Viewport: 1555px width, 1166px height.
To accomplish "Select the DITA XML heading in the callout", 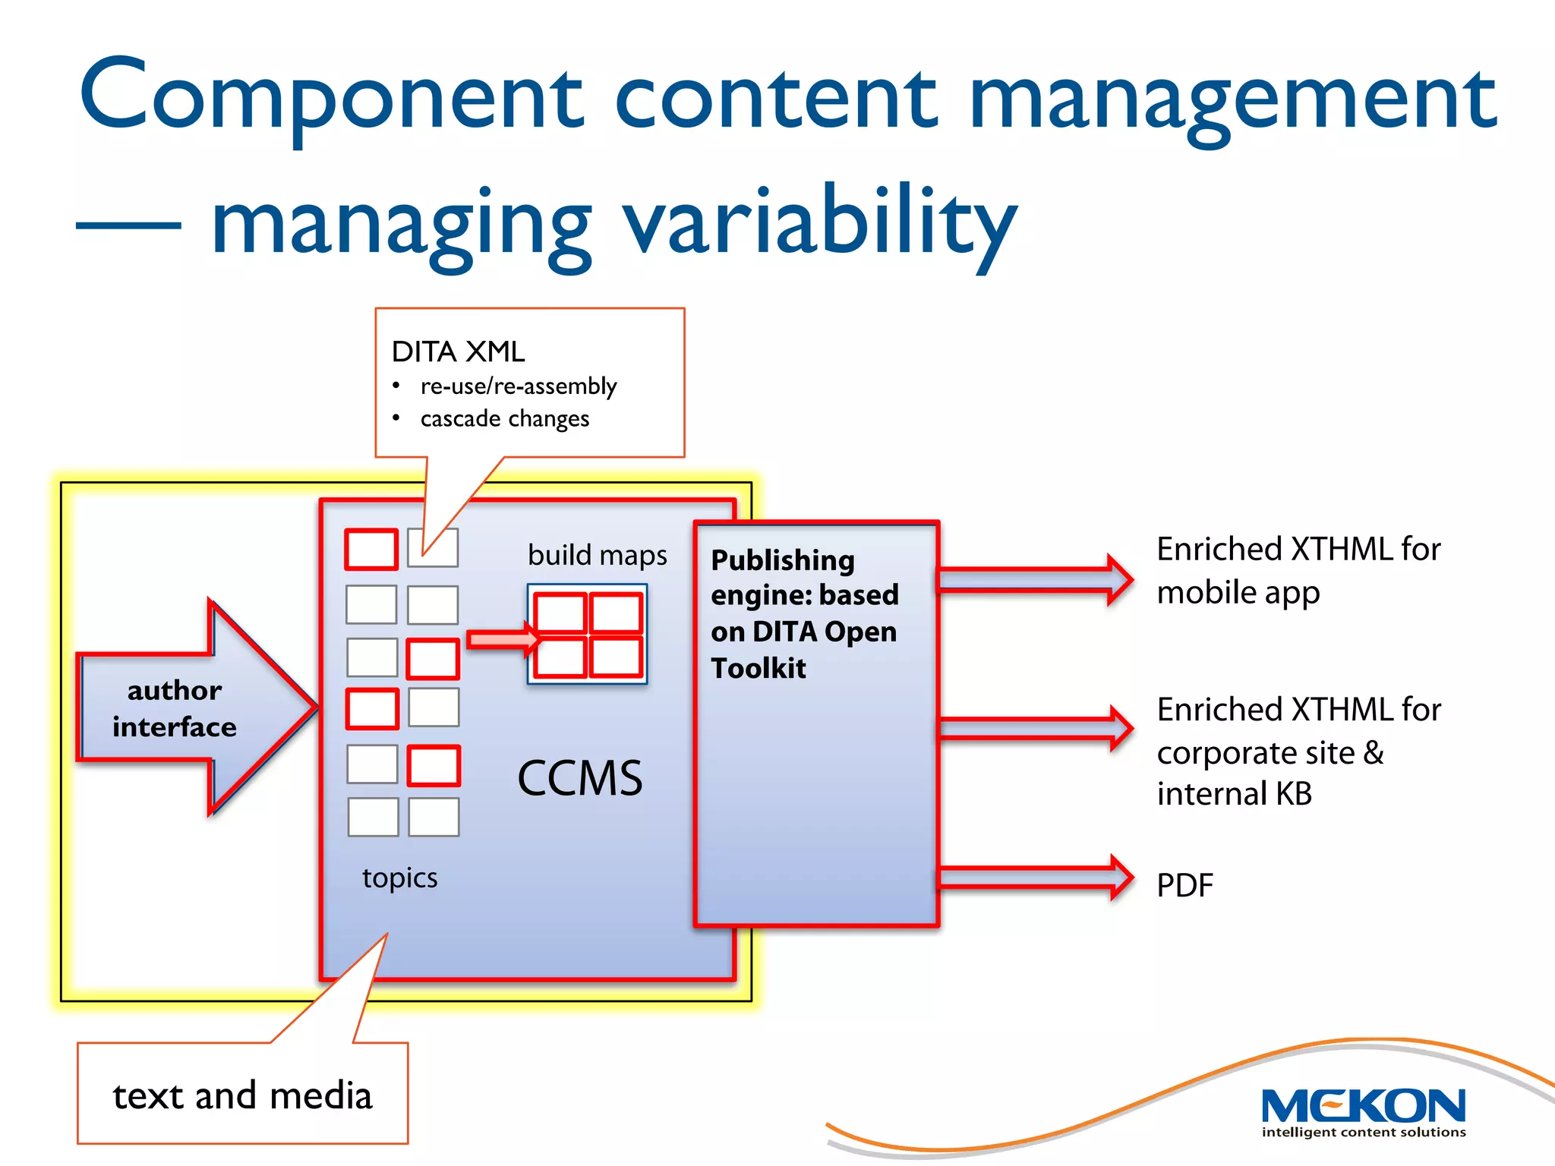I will (458, 351).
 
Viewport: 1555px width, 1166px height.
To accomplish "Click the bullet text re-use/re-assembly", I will (519, 386).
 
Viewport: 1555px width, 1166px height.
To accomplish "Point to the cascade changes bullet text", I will (504, 418).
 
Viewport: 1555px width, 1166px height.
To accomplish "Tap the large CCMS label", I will (579, 778).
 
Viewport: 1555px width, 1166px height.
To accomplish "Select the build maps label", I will (597, 555).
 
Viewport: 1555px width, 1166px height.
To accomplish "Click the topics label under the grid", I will (399, 878).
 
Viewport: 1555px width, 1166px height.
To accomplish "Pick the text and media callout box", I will (242, 1094).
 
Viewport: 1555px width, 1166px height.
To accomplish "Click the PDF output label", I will (1184, 885).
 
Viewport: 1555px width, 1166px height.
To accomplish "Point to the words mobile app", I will (1238, 592).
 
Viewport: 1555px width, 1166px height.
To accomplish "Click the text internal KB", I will (1234, 794).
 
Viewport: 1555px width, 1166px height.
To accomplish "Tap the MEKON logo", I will (1363, 1105).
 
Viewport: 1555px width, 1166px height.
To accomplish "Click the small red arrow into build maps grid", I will (502, 640).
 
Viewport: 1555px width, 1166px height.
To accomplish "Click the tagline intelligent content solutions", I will (1364, 1132).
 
